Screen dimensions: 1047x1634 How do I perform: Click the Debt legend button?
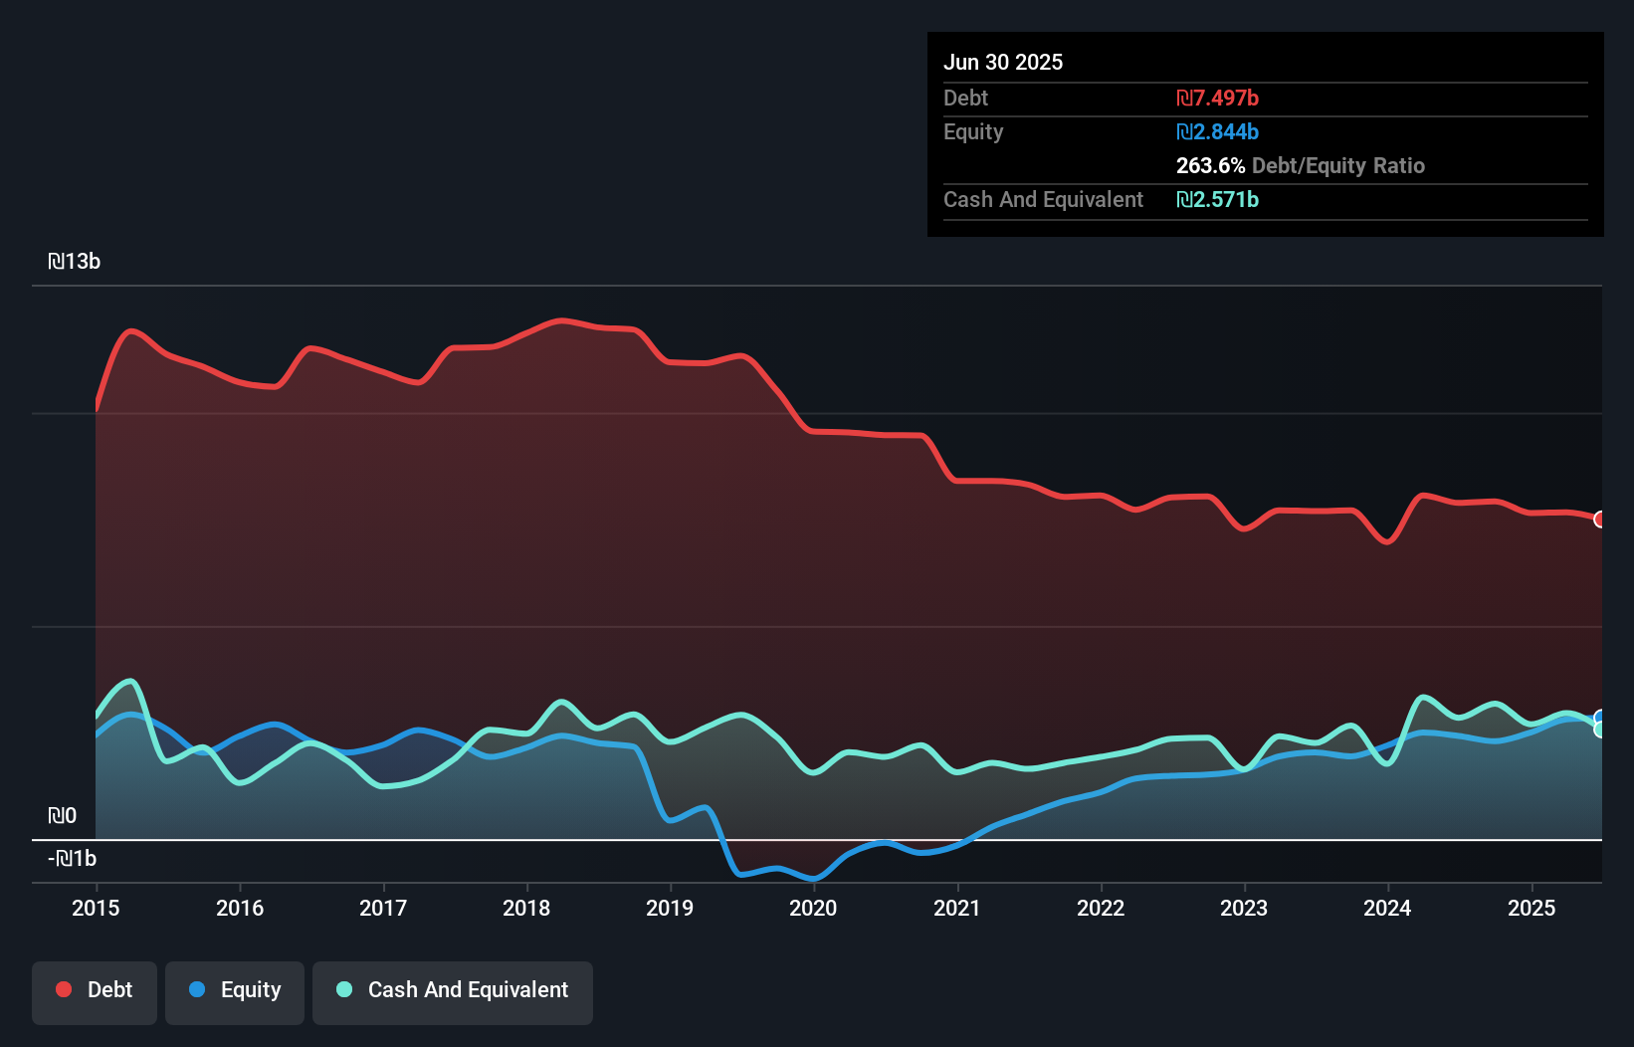click(x=95, y=990)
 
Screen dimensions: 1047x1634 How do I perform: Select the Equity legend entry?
click(x=235, y=990)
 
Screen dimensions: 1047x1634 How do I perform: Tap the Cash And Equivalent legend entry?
click(x=453, y=990)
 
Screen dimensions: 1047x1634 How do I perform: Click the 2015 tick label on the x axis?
click(x=96, y=908)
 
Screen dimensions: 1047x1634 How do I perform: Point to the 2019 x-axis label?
click(x=670, y=908)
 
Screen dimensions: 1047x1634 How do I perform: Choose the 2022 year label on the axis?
click(x=1101, y=908)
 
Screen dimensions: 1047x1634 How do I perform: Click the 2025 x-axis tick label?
click(x=1531, y=908)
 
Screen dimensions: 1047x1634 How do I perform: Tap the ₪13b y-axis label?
click(x=75, y=262)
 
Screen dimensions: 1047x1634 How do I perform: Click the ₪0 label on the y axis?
click(x=63, y=816)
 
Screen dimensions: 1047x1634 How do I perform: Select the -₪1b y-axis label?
click(x=73, y=859)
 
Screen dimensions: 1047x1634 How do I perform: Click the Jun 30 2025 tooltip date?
click(x=1003, y=62)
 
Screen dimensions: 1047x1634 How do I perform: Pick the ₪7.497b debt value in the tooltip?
click(x=1217, y=98)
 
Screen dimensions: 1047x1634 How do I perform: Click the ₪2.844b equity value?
click(x=1217, y=131)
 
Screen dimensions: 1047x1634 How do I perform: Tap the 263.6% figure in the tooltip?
click(x=1210, y=165)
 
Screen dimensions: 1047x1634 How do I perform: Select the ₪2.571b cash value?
click(x=1217, y=199)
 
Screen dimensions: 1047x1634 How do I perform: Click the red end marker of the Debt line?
click(x=1600, y=519)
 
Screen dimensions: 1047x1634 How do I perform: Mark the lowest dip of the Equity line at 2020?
click(x=814, y=879)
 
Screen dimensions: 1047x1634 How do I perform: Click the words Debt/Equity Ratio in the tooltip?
click(x=1338, y=165)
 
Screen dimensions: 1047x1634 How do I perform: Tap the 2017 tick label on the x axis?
click(x=383, y=908)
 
